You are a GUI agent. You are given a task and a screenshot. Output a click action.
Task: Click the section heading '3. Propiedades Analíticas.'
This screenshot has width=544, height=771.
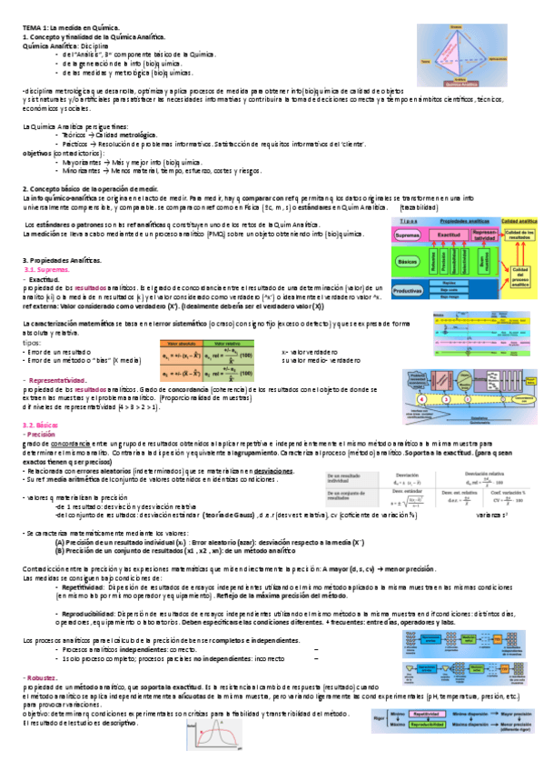tap(62, 261)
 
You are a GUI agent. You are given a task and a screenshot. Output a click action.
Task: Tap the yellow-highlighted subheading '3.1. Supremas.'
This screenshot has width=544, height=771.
tap(45, 270)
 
